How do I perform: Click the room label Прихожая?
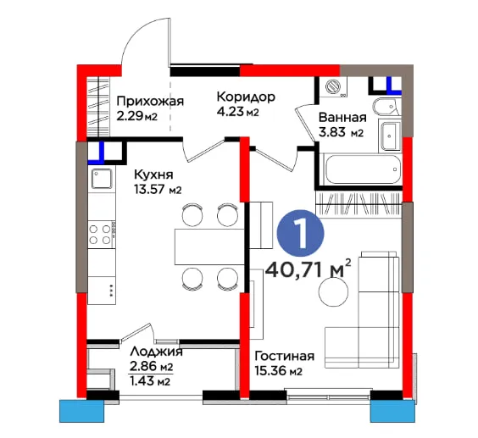tap(150, 101)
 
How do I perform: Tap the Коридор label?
tap(246, 97)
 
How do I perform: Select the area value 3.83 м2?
tap(341, 133)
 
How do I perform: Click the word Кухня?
tap(153, 175)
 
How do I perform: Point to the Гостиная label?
tap(285, 356)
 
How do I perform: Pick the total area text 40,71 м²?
tap(308, 269)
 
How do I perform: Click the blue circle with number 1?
tap(300, 234)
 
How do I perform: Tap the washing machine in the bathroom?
tap(333, 87)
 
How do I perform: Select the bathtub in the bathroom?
tap(363, 169)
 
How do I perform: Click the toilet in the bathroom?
tap(386, 107)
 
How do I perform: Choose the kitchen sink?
tap(102, 179)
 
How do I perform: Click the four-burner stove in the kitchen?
tap(101, 234)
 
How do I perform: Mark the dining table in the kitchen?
tap(209, 247)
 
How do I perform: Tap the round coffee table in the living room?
tap(333, 291)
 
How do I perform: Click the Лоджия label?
tap(156, 351)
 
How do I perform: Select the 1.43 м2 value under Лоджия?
tap(150, 381)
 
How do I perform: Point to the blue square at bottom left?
tap(81, 411)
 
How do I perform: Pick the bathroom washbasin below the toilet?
tap(389, 136)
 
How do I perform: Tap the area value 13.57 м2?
tap(158, 190)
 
